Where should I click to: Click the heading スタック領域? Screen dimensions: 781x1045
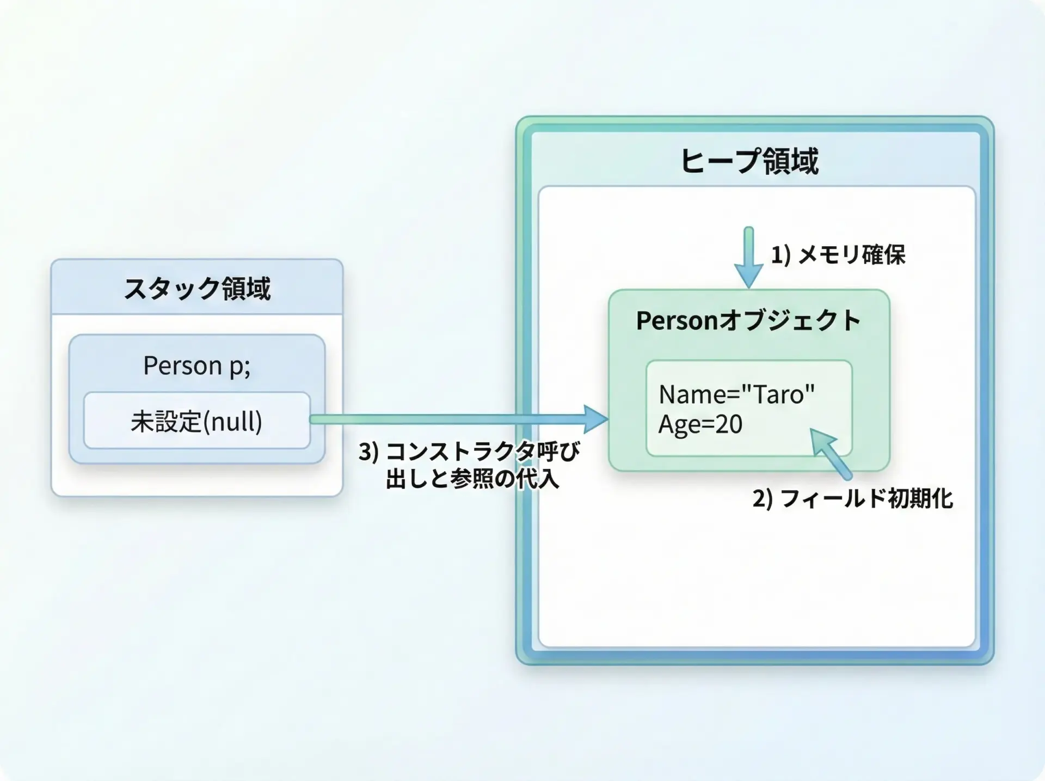pos(197,288)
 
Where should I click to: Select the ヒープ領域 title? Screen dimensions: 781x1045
pos(749,161)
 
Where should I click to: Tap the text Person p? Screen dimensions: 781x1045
pos(197,365)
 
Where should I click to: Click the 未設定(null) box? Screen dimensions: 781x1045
pos(196,421)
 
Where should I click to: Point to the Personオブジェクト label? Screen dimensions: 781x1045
pos(748,320)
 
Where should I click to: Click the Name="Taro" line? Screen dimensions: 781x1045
pos(736,394)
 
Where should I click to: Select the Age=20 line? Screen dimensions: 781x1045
pos(700,424)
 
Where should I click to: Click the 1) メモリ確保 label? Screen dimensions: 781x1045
pos(838,254)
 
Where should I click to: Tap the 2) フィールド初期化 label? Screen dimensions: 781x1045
pos(853,498)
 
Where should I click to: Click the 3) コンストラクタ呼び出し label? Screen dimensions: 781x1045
pos(469,465)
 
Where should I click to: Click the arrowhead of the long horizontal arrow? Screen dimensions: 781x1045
pos(597,419)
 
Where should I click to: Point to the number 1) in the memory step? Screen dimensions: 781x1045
pos(780,254)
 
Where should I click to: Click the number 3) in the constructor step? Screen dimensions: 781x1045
pos(368,451)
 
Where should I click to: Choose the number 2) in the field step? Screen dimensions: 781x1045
pos(762,498)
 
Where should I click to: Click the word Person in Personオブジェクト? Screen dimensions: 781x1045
pos(677,320)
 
